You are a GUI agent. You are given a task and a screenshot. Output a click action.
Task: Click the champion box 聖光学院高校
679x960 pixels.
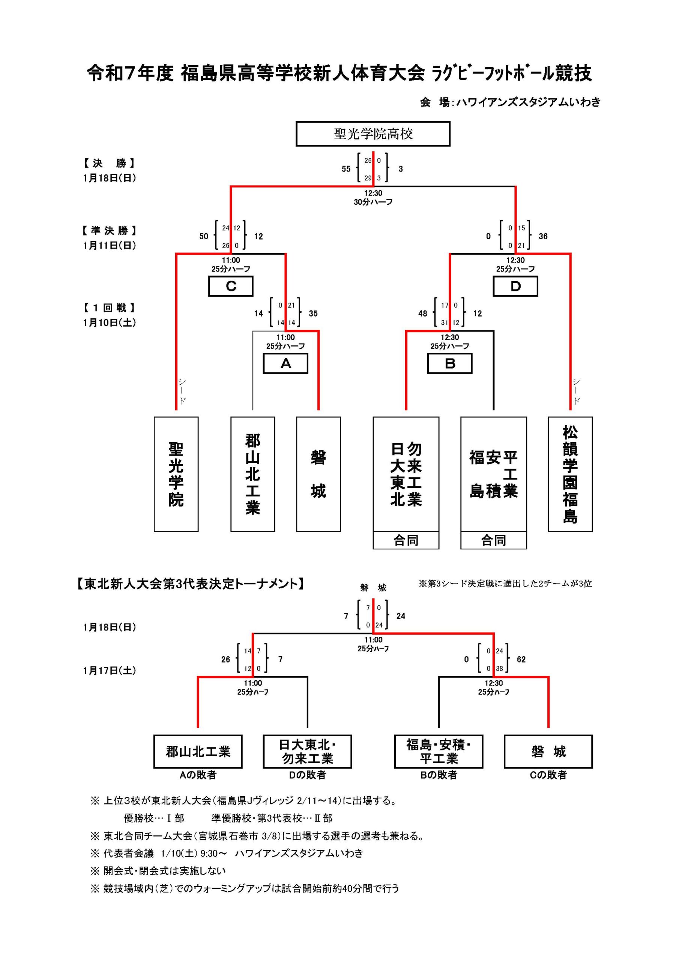[x=373, y=134]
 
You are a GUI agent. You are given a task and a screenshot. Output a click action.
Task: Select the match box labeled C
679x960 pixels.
[x=231, y=286]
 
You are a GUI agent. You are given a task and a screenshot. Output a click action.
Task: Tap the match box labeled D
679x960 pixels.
[x=515, y=286]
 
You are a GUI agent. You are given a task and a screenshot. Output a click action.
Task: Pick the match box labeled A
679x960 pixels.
[x=285, y=363]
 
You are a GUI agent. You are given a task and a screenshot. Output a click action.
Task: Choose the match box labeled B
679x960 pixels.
[x=450, y=363]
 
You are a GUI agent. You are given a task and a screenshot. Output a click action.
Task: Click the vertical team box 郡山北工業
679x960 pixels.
[x=253, y=474]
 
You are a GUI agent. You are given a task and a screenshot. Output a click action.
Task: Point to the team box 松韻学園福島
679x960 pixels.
[x=570, y=474]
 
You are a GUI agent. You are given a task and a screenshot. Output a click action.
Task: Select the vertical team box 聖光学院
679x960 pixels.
[x=176, y=474]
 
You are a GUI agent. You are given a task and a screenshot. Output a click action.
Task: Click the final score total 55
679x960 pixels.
[x=346, y=169]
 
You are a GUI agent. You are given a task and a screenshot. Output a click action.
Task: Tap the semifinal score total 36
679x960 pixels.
[x=543, y=236]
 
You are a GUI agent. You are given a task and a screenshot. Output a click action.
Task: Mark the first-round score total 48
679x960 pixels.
[x=422, y=313]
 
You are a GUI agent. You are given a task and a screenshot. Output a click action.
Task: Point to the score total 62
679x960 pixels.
[x=521, y=659]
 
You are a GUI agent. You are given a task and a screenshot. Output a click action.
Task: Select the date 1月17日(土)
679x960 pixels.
[x=109, y=670]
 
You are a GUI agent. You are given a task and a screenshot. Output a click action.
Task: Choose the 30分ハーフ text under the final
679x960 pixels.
[x=373, y=202]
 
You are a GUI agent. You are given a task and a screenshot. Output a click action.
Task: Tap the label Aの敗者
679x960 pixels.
[x=198, y=775]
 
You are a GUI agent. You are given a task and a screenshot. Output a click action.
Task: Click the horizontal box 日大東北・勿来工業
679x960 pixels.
[x=308, y=751]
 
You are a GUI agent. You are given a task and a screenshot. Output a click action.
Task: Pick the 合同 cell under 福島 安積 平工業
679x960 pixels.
[x=494, y=540]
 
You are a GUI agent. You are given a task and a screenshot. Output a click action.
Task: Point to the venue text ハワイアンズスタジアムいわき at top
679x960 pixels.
[x=529, y=102]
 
